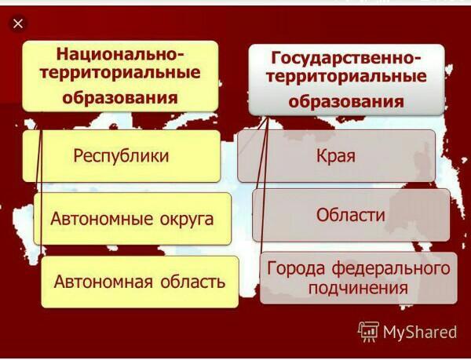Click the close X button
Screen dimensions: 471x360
click(x=18, y=24)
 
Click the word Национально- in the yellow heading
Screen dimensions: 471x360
click(x=120, y=53)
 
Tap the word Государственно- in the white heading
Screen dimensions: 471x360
click(x=346, y=57)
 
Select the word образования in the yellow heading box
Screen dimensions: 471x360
click(x=120, y=97)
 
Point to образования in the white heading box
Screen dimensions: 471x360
click(x=346, y=101)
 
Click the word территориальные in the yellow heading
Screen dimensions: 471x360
click(x=120, y=73)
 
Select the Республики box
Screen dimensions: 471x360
click(x=122, y=156)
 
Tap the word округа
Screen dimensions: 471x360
click(x=187, y=220)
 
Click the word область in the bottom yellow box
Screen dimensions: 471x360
click(x=192, y=282)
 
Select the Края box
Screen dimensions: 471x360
click(x=337, y=156)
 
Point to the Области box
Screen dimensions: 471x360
click(x=351, y=215)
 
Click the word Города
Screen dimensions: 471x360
click(x=296, y=268)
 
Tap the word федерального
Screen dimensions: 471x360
click(x=391, y=268)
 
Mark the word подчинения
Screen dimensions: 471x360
click(x=358, y=288)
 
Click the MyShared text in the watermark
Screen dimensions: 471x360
click(x=420, y=332)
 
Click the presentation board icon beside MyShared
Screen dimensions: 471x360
click(x=368, y=332)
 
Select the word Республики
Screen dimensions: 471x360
click(x=121, y=157)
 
